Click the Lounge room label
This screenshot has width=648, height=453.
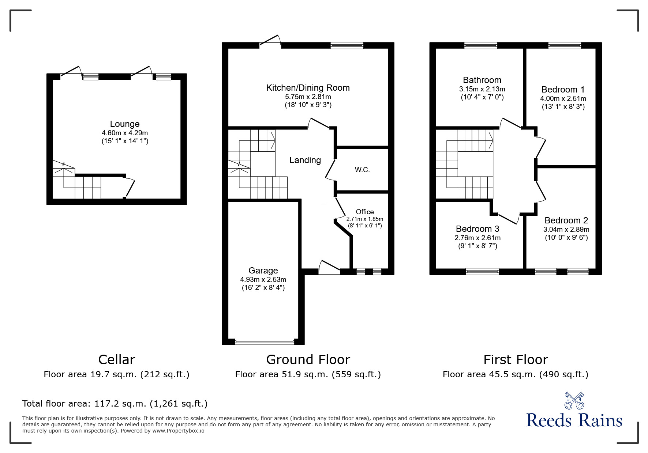click(125, 124)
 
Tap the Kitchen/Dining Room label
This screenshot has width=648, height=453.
click(308, 88)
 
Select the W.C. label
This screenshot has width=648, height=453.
click(362, 170)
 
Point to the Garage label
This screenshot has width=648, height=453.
click(263, 271)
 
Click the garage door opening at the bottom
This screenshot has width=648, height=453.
click(264, 342)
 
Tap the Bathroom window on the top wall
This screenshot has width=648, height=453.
click(480, 45)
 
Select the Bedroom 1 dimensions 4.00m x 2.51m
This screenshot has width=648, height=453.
click(563, 98)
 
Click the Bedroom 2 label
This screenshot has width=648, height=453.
click(566, 220)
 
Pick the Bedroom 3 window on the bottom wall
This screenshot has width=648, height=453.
click(482, 271)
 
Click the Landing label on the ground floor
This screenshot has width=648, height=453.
click(305, 160)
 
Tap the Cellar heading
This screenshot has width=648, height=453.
click(117, 360)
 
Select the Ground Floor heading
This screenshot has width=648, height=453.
click(308, 360)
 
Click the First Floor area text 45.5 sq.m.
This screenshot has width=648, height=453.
click(515, 374)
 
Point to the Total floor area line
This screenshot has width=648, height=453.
click(115, 404)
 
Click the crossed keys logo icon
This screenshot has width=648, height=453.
click(574, 401)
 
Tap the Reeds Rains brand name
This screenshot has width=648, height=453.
click(574, 420)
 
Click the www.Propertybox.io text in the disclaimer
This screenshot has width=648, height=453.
click(178, 431)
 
